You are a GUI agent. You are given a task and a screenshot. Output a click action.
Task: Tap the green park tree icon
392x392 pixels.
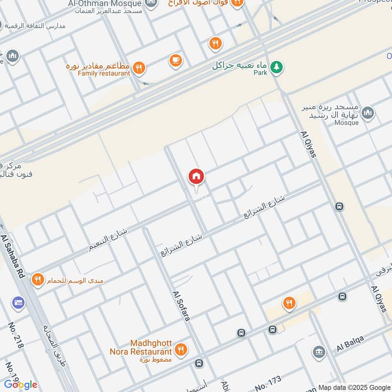tap(277, 67)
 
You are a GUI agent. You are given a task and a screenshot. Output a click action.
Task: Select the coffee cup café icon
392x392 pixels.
tap(175, 60)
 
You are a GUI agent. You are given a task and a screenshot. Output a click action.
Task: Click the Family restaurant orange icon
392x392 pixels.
tap(139, 68)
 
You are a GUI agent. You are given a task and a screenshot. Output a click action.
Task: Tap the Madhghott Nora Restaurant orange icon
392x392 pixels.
tap(182, 350)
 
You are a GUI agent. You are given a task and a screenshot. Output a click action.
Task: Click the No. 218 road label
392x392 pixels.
tap(16, 335)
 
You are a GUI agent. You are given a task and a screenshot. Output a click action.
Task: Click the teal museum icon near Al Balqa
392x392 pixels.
tap(319, 352)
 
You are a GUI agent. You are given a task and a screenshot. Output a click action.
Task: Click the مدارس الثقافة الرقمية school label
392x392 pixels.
tap(44, 25)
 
